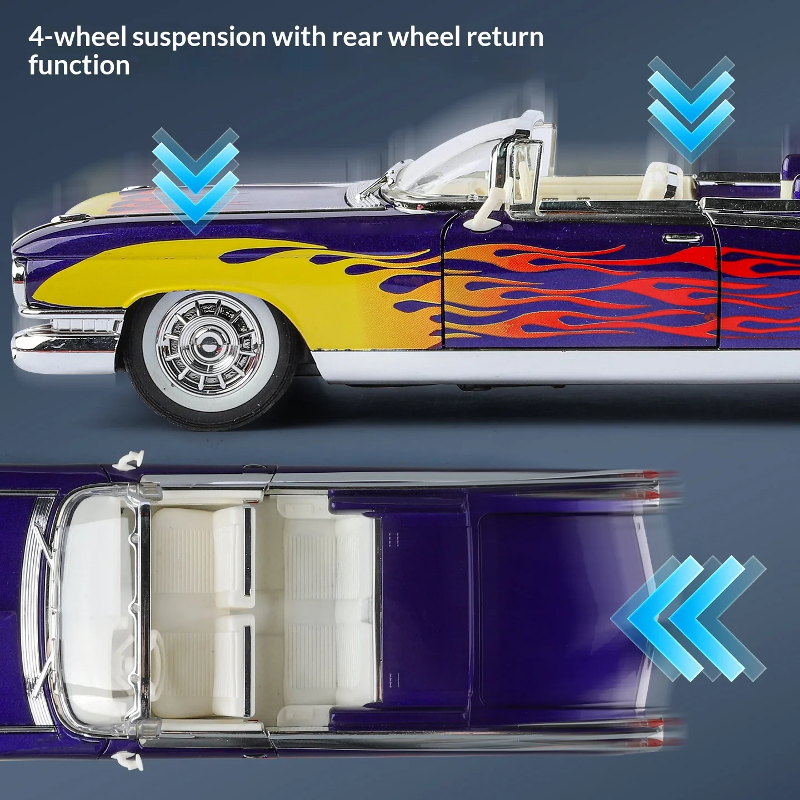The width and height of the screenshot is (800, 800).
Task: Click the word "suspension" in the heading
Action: click(199, 38)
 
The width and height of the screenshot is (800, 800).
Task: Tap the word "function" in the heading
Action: click(79, 66)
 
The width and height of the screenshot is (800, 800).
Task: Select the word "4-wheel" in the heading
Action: click(78, 38)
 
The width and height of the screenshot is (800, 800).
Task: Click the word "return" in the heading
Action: click(505, 38)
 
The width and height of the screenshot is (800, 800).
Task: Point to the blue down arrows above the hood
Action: click(195, 181)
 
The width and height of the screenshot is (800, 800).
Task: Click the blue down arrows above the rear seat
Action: click(691, 108)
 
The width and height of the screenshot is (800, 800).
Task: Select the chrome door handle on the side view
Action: click(682, 238)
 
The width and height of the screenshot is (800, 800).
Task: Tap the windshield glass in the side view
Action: click(456, 161)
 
